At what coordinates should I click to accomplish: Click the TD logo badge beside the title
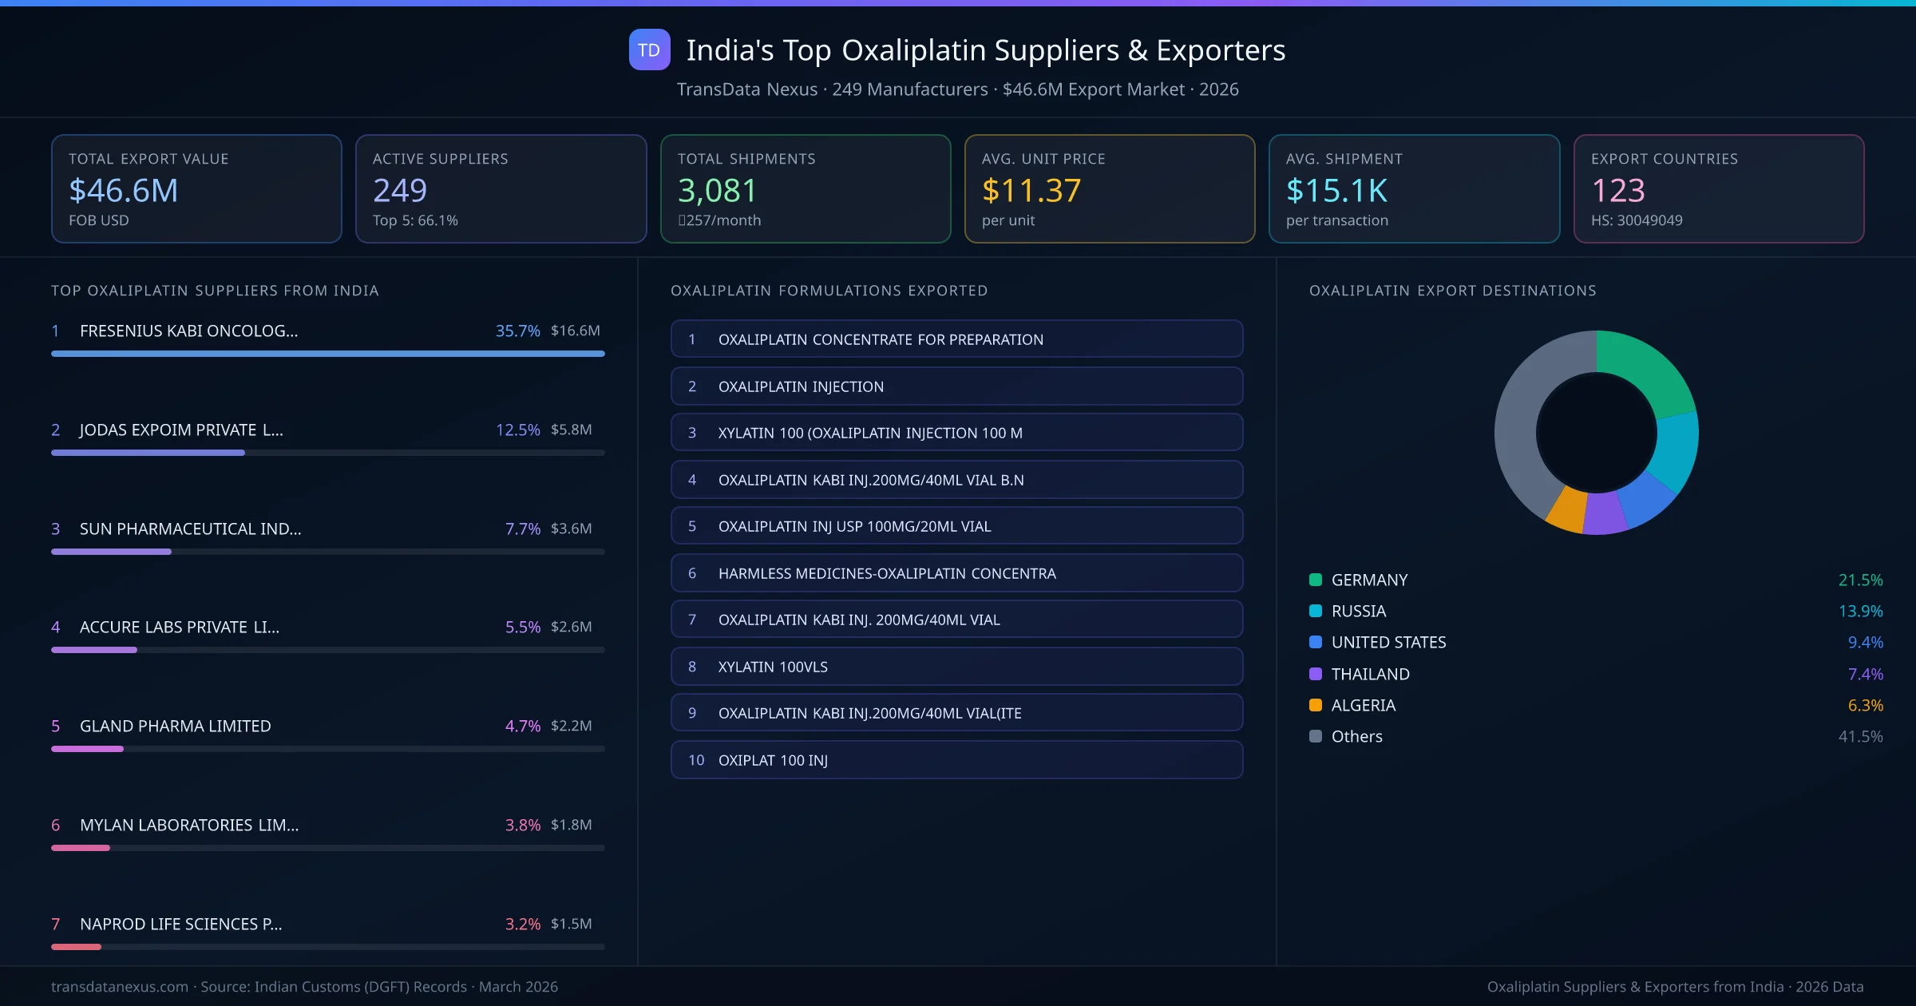[x=649, y=50]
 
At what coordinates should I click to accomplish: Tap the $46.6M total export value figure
[x=124, y=190]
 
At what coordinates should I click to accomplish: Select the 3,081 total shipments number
[x=717, y=190]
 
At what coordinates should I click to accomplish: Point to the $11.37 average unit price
[x=1031, y=190]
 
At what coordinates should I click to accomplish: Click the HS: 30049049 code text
[x=1636, y=220]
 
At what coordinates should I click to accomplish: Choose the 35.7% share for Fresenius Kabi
[x=517, y=331]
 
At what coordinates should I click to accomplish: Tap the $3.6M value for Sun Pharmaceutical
[x=571, y=529]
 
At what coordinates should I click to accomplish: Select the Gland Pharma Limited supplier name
[x=175, y=726]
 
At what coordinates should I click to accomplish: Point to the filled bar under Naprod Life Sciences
[x=76, y=947]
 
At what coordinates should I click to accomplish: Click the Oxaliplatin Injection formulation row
[x=956, y=386]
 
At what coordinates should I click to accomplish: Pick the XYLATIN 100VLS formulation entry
[x=956, y=667]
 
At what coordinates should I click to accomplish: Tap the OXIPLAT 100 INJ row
[x=956, y=760]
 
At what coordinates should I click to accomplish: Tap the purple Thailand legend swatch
[x=1316, y=674]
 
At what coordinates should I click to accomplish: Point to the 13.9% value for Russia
[x=1860, y=611]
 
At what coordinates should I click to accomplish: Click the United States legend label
[x=1388, y=642]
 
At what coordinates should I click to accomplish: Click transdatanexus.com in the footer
[x=120, y=987]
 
